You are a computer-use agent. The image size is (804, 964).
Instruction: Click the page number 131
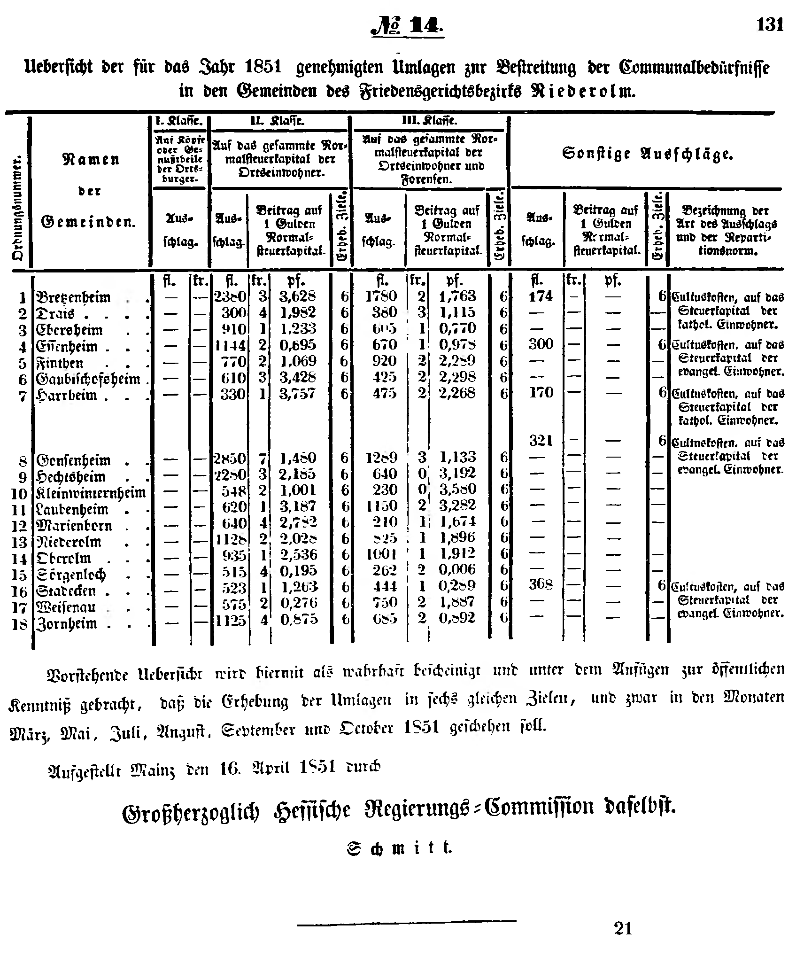[770, 24]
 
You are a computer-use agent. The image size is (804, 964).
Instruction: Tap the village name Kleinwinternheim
[91, 493]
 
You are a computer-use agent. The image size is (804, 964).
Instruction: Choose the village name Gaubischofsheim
[88, 379]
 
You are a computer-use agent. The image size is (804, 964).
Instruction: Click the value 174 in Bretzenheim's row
[541, 296]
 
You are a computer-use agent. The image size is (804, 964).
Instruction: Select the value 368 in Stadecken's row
[541, 584]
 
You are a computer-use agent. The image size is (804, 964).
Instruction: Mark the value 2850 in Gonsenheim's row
[230, 458]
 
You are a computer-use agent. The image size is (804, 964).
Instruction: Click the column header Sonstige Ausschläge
[647, 154]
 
